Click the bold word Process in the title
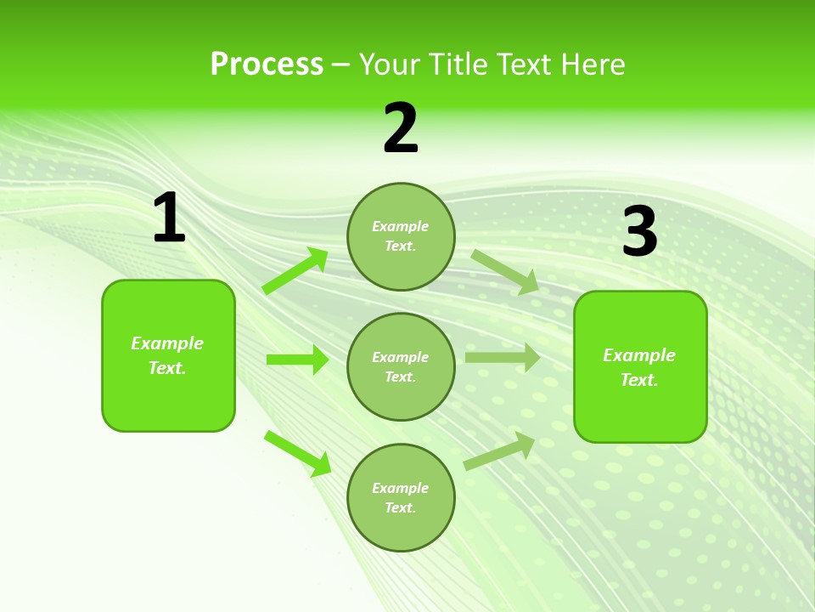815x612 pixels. (267, 65)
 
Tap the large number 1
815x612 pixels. (169, 218)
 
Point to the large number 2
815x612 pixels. (401, 128)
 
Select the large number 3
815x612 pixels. (640, 232)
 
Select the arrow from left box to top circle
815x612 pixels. (295, 271)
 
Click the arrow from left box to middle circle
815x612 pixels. (297, 360)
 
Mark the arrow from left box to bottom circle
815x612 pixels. (298, 453)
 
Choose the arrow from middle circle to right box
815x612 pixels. (503, 357)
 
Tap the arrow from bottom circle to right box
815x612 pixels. (500, 450)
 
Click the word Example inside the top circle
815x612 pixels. (401, 226)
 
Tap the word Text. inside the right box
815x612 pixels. (639, 380)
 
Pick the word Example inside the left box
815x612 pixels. (167, 343)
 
